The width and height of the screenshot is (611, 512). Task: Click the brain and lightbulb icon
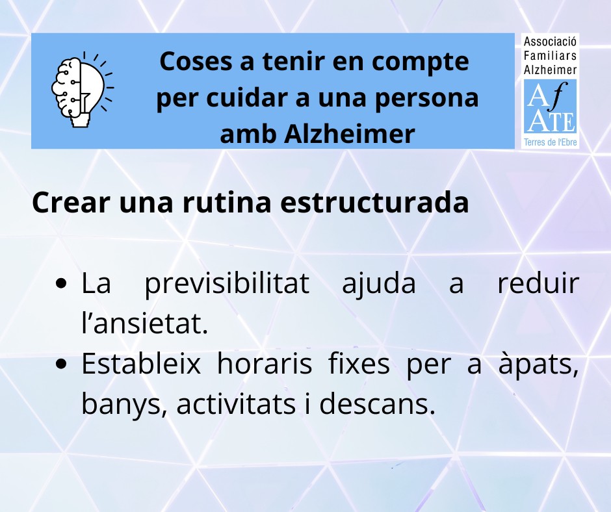tap(82, 89)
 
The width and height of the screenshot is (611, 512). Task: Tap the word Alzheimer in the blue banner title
tap(349, 134)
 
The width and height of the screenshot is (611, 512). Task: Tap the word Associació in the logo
tap(550, 42)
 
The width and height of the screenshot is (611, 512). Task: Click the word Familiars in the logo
tap(550, 56)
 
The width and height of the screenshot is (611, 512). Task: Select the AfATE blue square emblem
tap(550, 107)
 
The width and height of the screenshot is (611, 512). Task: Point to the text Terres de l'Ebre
tap(550, 142)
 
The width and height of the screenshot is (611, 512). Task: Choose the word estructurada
tap(374, 203)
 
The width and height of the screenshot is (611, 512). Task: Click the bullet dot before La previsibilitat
tap(62, 283)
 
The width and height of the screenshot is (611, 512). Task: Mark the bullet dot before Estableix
tap(62, 364)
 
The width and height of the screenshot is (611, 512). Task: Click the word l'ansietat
tap(144, 324)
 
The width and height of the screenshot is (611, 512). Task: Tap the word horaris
tap(265, 364)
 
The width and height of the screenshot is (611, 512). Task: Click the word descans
tap(377, 404)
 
